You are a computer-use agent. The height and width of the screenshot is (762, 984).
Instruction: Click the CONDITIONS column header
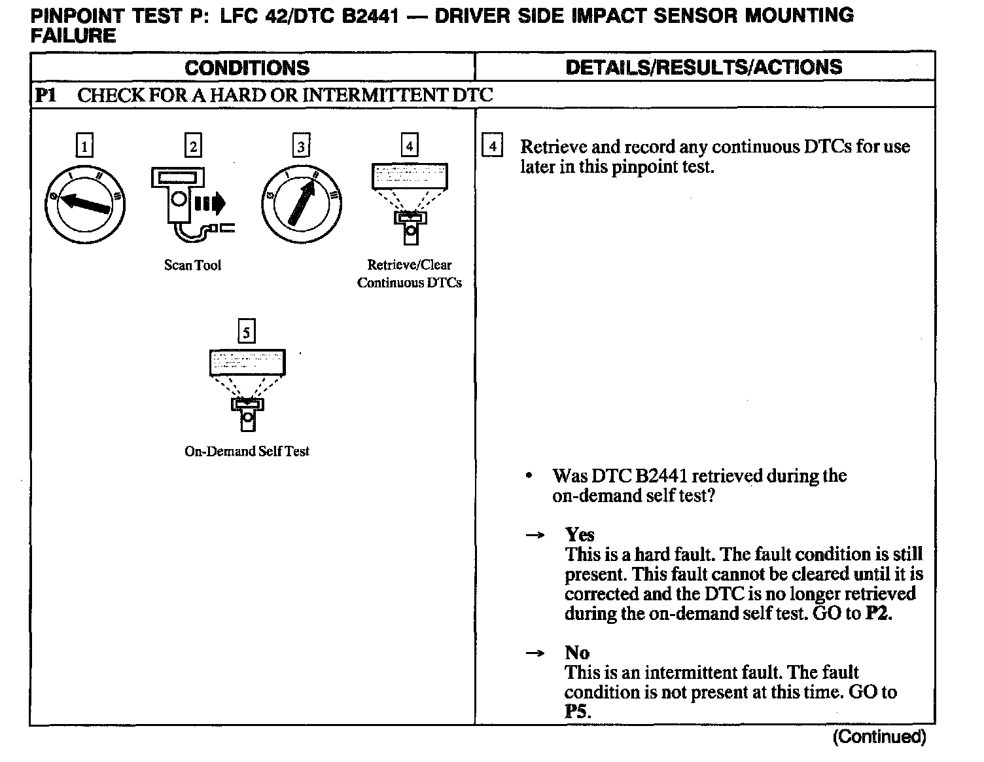point(247,67)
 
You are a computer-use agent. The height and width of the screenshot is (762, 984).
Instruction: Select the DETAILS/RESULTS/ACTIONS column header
point(703,67)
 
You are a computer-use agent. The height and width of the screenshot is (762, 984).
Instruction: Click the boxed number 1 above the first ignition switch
point(84,145)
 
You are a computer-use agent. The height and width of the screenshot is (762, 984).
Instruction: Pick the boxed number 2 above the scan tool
point(192,145)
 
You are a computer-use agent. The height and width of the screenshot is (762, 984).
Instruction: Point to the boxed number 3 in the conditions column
point(301,145)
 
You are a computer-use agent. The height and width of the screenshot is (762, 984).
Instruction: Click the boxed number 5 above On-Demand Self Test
point(246,332)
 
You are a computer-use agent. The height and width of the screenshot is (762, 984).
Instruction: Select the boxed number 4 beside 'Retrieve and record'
point(492,145)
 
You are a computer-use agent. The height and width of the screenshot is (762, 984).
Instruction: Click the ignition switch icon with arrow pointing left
point(84,204)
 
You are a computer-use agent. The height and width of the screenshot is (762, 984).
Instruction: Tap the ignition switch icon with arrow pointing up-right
point(301,204)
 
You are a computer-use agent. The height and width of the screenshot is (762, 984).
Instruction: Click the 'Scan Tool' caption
point(192,265)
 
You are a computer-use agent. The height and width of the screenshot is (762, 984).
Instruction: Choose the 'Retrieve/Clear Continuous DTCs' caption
point(410,274)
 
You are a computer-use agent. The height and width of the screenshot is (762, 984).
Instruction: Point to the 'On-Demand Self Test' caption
point(247,451)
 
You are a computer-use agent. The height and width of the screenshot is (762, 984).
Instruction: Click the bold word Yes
point(580,535)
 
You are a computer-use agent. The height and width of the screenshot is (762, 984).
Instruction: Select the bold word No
point(577,653)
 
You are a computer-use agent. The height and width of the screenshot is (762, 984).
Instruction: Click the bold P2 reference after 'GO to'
point(878,613)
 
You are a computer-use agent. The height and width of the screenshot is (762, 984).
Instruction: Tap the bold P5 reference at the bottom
point(577,712)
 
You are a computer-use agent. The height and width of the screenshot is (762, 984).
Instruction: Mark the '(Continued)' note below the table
point(879,737)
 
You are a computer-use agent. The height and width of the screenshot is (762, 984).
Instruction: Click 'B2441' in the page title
point(370,16)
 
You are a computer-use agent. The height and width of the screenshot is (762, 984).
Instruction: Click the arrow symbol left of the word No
point(535,653)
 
